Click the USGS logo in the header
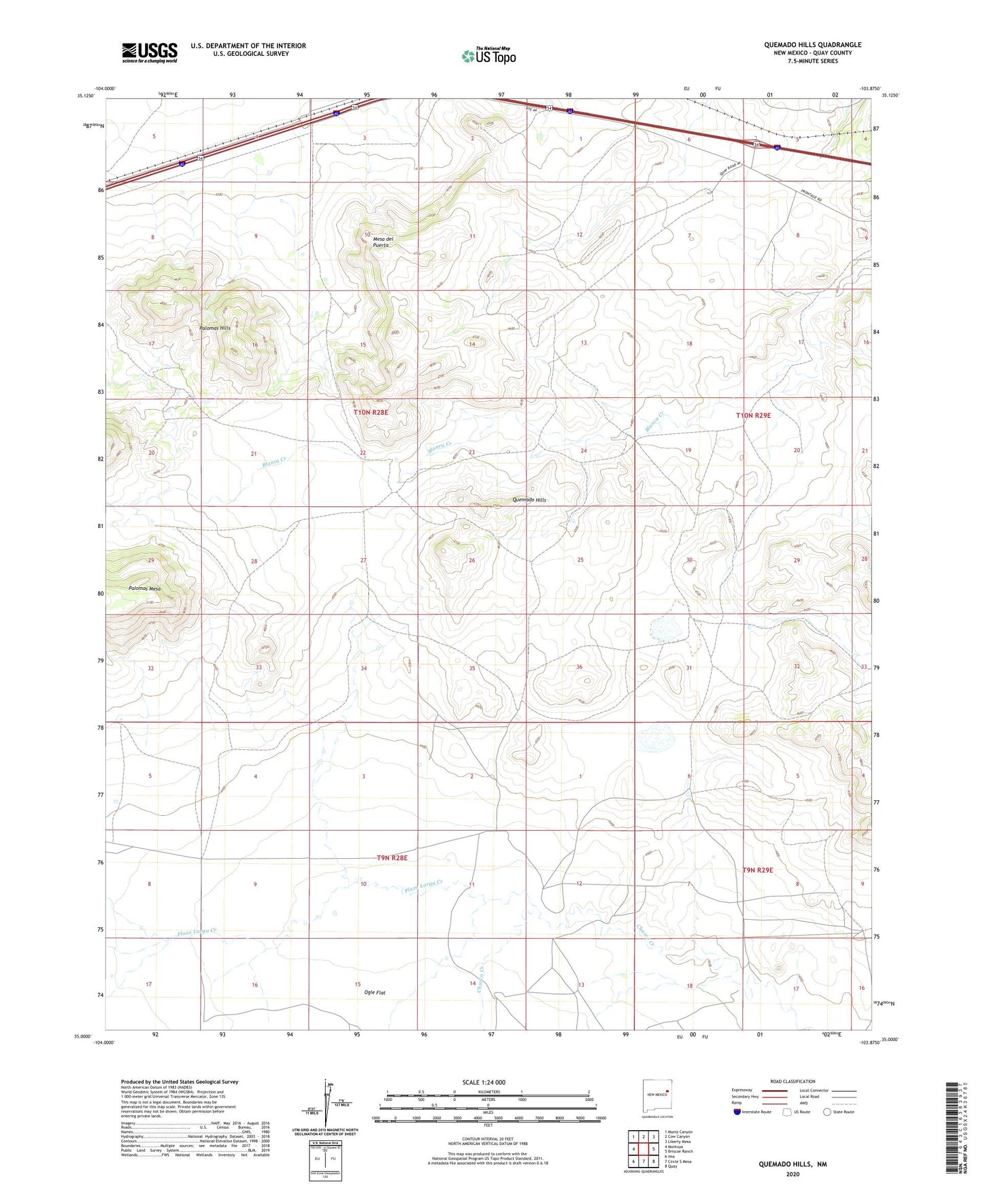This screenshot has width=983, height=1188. (x=150, y=52)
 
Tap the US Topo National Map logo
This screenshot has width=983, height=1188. (x=488, y=55)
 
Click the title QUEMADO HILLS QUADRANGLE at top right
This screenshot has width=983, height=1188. (x=812, y=45)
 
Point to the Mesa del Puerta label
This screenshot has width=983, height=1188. (x=383, y=242)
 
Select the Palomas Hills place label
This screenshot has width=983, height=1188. (x=214, y=328)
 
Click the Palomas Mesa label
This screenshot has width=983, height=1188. (x=144, y=589)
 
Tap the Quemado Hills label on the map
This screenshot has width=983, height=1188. (x=529, y=500)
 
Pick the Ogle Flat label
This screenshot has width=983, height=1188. (x=374, y=993)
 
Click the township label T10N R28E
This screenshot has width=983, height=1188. (x=371, y=412)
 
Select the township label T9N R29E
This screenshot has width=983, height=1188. (x=757, y=870)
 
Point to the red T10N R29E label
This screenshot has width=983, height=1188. (x=753, y=415)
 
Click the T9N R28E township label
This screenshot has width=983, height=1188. (x=392, y=858)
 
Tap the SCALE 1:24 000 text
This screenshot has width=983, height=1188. (x=483, y=1083)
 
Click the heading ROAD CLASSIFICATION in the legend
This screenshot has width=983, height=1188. (x=793, y=1081)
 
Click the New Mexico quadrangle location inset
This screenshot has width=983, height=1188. (x=657, y=1095)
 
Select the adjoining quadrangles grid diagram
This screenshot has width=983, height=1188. (x=643, y=1149)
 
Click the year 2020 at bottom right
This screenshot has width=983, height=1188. (x=793, y=1174)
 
